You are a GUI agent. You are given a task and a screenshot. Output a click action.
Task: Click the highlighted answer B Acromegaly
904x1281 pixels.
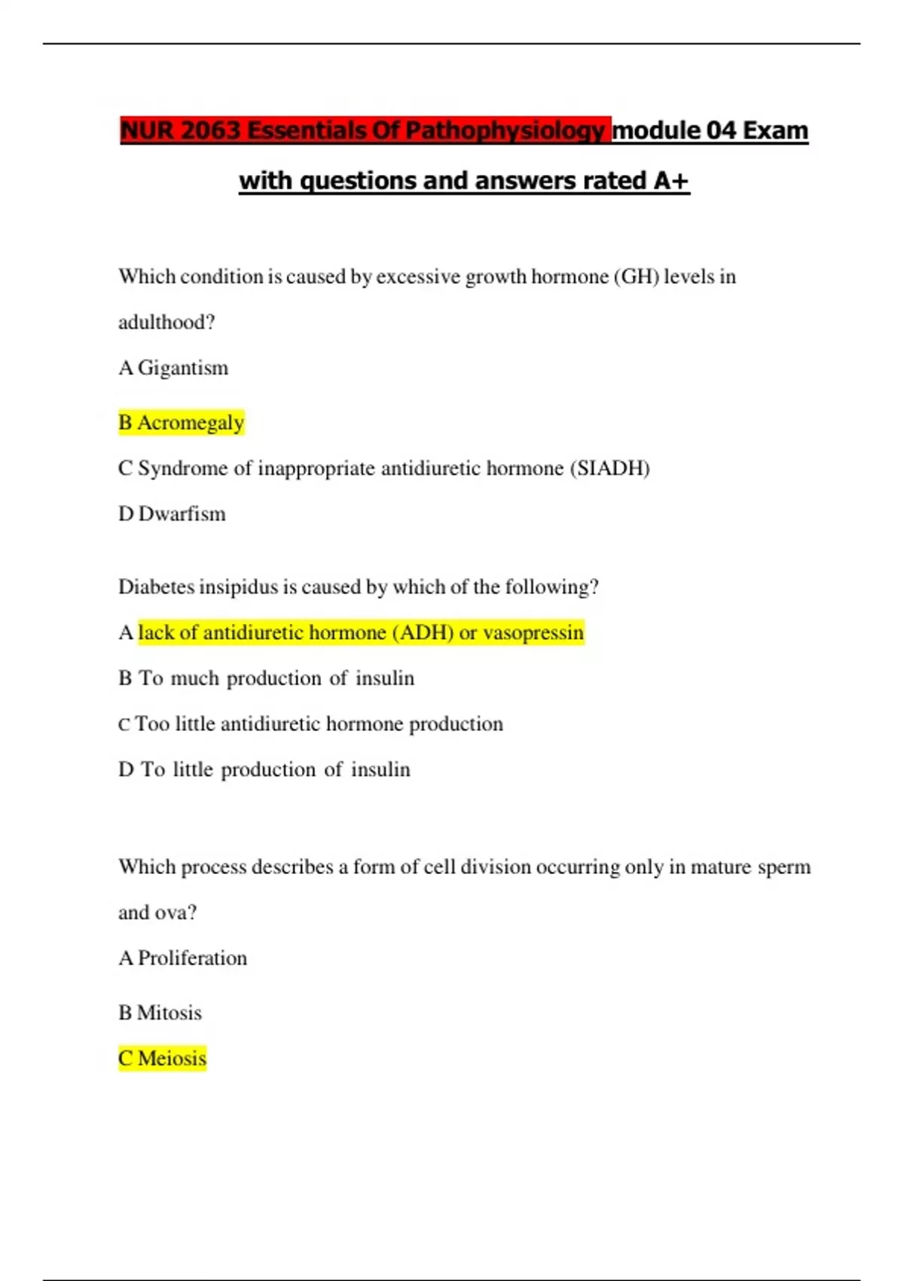(182, 423)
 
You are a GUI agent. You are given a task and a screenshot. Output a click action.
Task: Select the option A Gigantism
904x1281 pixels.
(173, 368)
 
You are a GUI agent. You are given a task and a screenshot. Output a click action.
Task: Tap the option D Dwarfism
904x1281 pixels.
(172, 514)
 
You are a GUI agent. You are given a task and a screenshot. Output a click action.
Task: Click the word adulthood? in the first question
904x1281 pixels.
(166, 323)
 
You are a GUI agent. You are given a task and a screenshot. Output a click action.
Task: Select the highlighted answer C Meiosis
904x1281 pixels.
(162, 1059)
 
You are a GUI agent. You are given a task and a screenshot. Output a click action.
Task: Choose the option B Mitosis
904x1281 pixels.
(160, 1013)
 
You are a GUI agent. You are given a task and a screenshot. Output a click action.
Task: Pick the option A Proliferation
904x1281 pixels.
(182, 958)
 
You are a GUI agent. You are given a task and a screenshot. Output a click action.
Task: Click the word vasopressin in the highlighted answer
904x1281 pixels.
(533, 632)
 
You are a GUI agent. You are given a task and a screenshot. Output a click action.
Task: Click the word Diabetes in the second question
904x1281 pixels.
(155, 587)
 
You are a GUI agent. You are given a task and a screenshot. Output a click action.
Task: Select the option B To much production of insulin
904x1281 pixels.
(266, 678)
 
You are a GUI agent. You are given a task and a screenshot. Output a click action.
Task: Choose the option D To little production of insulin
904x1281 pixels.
(264, 769)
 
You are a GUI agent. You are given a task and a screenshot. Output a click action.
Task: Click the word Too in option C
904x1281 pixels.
(152, 724)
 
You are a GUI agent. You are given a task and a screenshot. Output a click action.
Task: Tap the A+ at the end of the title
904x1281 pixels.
(670, 181)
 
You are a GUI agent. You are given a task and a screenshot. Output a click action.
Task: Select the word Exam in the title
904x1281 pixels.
(775, 130)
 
